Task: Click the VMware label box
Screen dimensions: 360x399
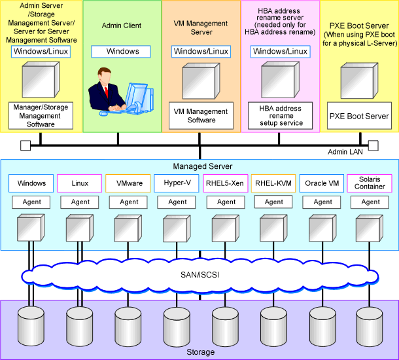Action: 129,183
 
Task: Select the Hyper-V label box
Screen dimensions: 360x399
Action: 177,183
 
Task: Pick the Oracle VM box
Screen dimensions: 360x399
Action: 322,183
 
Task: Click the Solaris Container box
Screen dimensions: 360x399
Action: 370,183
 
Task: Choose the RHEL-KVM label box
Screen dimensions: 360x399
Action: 274,183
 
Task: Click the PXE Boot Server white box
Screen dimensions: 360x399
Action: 358,116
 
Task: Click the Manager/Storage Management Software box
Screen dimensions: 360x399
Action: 41,115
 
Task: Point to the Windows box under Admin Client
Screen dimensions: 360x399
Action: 122,51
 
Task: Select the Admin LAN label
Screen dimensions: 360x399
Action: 345,152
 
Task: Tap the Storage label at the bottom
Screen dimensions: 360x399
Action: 200,352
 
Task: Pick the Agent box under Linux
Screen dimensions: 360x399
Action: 80,202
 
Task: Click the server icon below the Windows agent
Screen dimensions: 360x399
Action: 31,227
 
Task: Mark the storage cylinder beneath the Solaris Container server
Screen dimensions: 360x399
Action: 370,322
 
